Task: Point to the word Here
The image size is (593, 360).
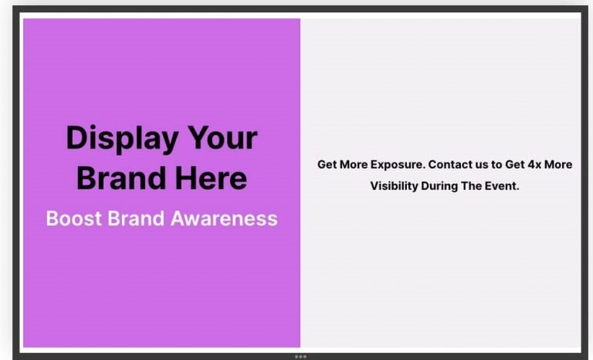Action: tap(211, 178)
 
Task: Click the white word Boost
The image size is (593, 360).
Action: tap(73, 219)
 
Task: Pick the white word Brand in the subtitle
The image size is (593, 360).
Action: tap(137, 219)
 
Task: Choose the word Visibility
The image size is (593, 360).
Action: tap(395, 186)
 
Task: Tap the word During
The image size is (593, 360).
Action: tap(440, 186)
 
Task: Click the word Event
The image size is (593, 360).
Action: tap(502, 186)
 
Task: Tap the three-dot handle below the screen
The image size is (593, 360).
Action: tap(300, 356)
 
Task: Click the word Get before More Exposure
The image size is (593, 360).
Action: tap(327, 165)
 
